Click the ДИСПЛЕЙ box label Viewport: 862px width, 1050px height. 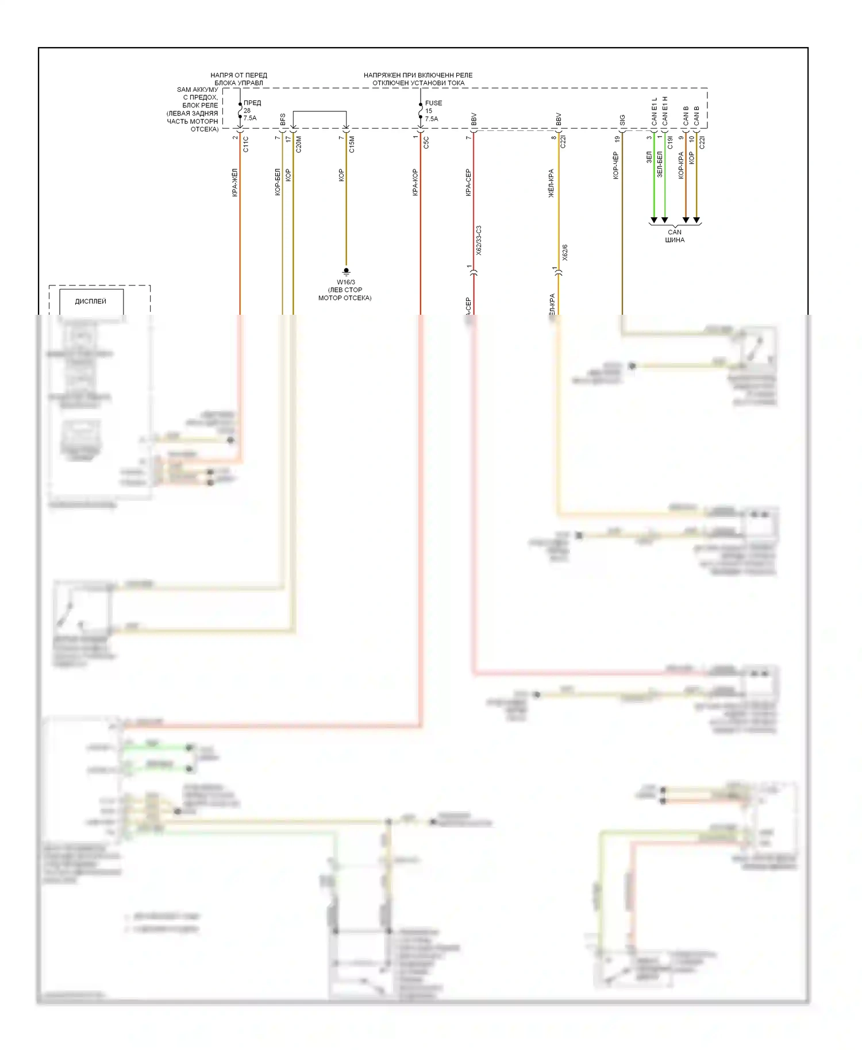pos(91,302)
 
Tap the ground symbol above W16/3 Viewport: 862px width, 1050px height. pos(346,271)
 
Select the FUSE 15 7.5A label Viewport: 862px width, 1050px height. pos(433,111)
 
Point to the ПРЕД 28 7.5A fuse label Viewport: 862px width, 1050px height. pos(252,110)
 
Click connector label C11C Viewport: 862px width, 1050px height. pos(246,144)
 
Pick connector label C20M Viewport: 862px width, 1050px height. pos(299,144)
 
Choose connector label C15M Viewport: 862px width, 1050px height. pos(352,144)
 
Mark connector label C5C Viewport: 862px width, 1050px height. pos(426,142)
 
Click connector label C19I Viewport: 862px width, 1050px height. pos(670,142)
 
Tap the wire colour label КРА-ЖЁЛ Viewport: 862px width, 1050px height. pos(235,183)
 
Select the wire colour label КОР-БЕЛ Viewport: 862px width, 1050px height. pos(278,182)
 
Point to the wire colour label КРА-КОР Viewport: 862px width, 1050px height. pos(415,182)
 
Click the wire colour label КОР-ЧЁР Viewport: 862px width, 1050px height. pos(616,165)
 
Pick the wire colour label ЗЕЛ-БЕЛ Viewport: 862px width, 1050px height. pos(660,164)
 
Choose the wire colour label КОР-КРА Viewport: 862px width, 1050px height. pos(681,165)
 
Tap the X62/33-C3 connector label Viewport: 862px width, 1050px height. pos(479,241)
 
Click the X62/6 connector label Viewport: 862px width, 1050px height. pos(564,253)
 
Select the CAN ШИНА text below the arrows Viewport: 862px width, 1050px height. pos(675,236)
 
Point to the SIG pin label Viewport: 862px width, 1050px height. pos(622,121)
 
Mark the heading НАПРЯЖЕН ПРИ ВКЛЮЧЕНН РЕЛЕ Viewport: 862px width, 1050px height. pos(418,75)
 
